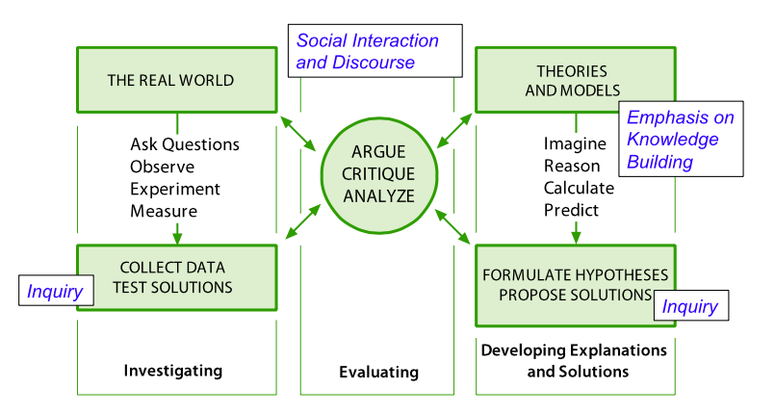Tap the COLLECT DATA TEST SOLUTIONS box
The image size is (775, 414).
pyautogui.click(x=176, y=276)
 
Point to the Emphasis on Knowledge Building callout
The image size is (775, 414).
pyautogui.click(x=680, y=140)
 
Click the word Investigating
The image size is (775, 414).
pyautogui.click(x=172, y=371)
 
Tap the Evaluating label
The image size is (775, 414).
pyautogui.click(x=378, y=372)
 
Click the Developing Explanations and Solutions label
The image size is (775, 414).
pyautogui.click(x=574, y=359)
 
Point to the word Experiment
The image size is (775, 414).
pyautogui.click(x=175, y=189)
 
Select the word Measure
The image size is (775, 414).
pyautogui.click(x=164, y=211)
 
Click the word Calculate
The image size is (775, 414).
pyautogui.click(x=579, y=188)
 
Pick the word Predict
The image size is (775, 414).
pyautogui.click(x=571, y=210)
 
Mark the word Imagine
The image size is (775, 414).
pyautogui.click(x=575, y=144)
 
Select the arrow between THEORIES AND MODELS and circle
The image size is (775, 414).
pyautogui.click(x=454, y=130)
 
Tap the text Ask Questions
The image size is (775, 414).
pyautogui.click(x=185, y=144)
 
